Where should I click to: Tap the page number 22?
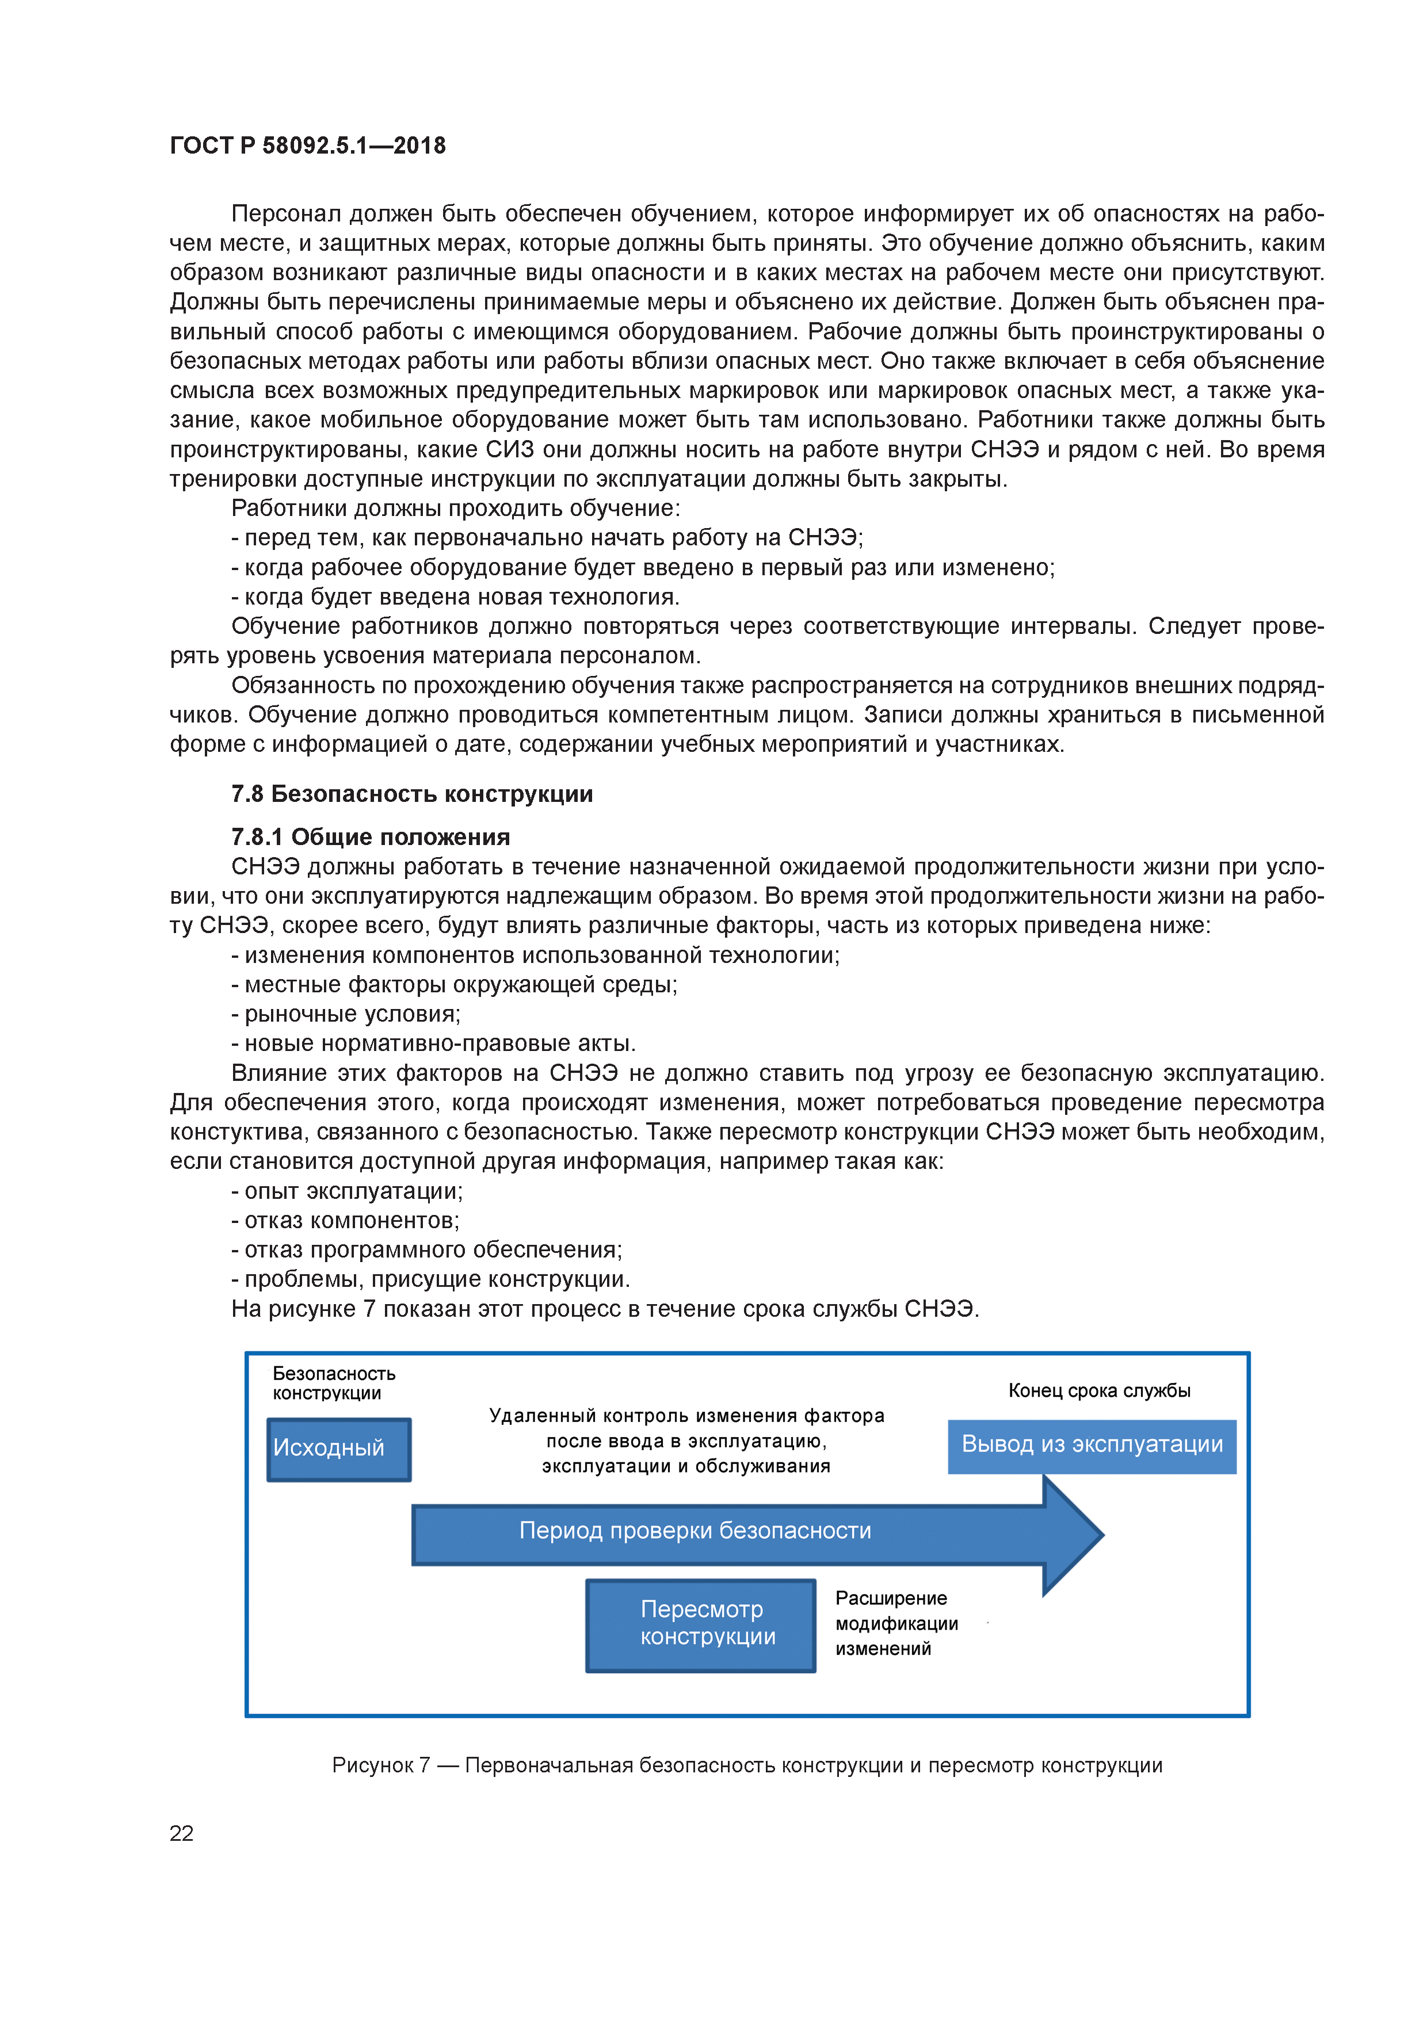[x=181, y=1833]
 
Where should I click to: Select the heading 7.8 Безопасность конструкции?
[x=411, y=794]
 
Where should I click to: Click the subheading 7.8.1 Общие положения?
[x=370, y=837]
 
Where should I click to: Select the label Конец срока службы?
[x=1099, y=1390]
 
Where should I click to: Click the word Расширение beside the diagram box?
[x=891, y=1598]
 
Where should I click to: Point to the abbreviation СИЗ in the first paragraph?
[x=510, y=449]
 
